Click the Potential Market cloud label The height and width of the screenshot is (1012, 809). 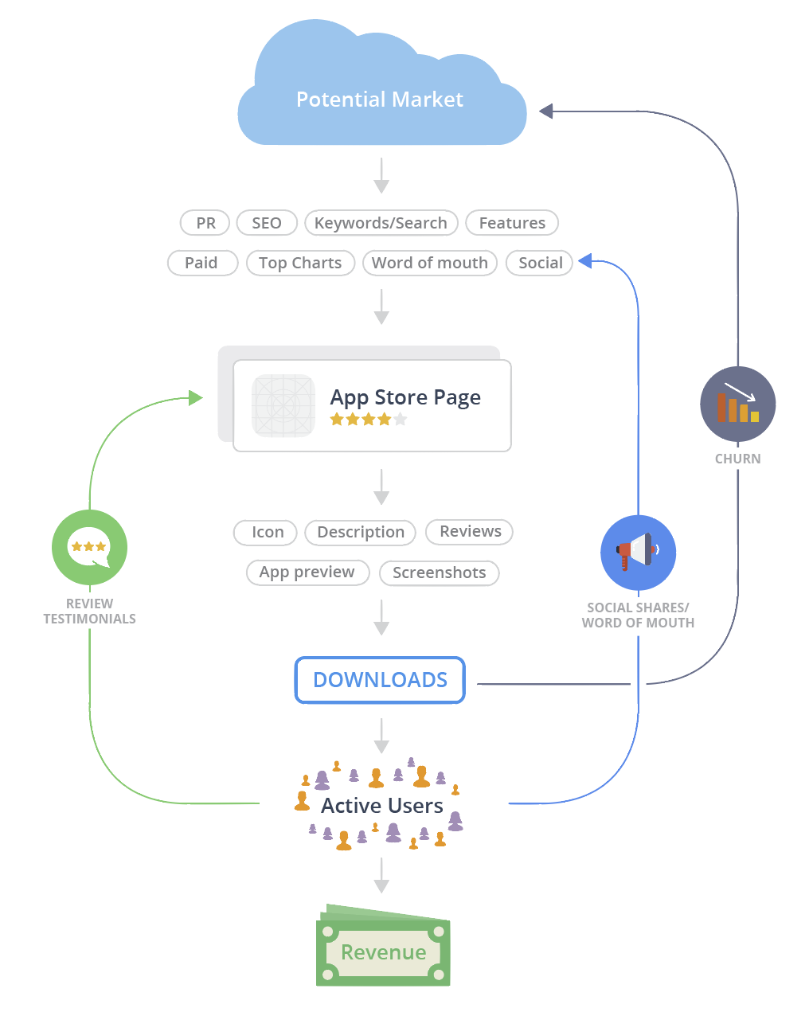click(379, 100)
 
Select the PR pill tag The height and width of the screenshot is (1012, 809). click(205, 223)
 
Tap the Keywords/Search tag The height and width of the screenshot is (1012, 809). click(381, 223)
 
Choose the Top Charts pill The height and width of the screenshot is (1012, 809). click(299, 263)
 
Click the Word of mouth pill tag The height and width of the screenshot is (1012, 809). click(429, 263)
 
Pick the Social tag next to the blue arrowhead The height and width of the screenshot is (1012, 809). click(540, 263)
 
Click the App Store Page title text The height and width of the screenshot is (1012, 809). click(405, 397)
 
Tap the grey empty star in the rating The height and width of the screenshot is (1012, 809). click(401, 420)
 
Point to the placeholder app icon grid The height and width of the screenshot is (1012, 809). click(283, 406)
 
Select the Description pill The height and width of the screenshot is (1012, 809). click(360, 532)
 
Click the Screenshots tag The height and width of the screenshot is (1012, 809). click(439, 572)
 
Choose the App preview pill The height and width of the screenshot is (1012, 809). click(307, 572)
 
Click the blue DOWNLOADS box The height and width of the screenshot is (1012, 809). click(380, 680)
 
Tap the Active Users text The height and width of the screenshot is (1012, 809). click(381, 806)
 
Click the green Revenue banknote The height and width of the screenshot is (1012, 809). click(383, 950)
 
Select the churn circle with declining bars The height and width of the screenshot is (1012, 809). click(737, 404)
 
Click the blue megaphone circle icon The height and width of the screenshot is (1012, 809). click(638, 553)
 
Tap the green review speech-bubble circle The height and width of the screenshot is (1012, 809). click(89, 548)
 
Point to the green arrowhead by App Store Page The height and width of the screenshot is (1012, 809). click(196, 397)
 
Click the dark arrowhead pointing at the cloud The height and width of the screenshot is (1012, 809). click(545, 111)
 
